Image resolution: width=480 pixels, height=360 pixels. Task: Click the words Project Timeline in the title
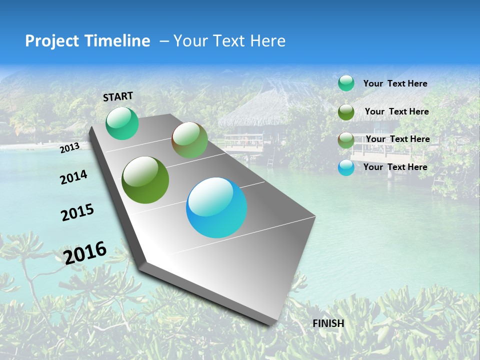[87, 41]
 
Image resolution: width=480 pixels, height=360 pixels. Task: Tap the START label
[118, 96]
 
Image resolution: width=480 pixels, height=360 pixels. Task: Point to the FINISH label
[328, 323]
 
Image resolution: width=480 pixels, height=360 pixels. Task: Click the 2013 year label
[69, 147]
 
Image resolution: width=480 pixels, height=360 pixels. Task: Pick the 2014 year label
[73, 177]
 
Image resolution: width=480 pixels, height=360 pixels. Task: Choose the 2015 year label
[77, 212]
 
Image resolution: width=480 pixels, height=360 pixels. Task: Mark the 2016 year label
[85, 252]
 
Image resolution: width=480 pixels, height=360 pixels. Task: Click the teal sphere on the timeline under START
[122, 123]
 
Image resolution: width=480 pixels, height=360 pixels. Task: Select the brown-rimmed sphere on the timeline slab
[189, 140]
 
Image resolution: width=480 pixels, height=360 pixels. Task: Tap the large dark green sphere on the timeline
[145, 180]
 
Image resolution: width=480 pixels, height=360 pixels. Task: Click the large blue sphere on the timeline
[216, 207]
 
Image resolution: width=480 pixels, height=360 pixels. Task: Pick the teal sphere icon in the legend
[346, 83]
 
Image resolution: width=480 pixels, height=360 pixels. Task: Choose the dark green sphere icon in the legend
[346, 112]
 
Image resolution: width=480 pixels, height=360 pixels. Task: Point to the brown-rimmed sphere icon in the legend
[346, 140]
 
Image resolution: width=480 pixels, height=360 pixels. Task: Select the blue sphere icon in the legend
[346, 167]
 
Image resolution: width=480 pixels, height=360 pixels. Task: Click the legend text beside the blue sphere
[395, 167]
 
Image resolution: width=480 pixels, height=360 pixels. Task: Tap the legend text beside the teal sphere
[395, 83]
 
